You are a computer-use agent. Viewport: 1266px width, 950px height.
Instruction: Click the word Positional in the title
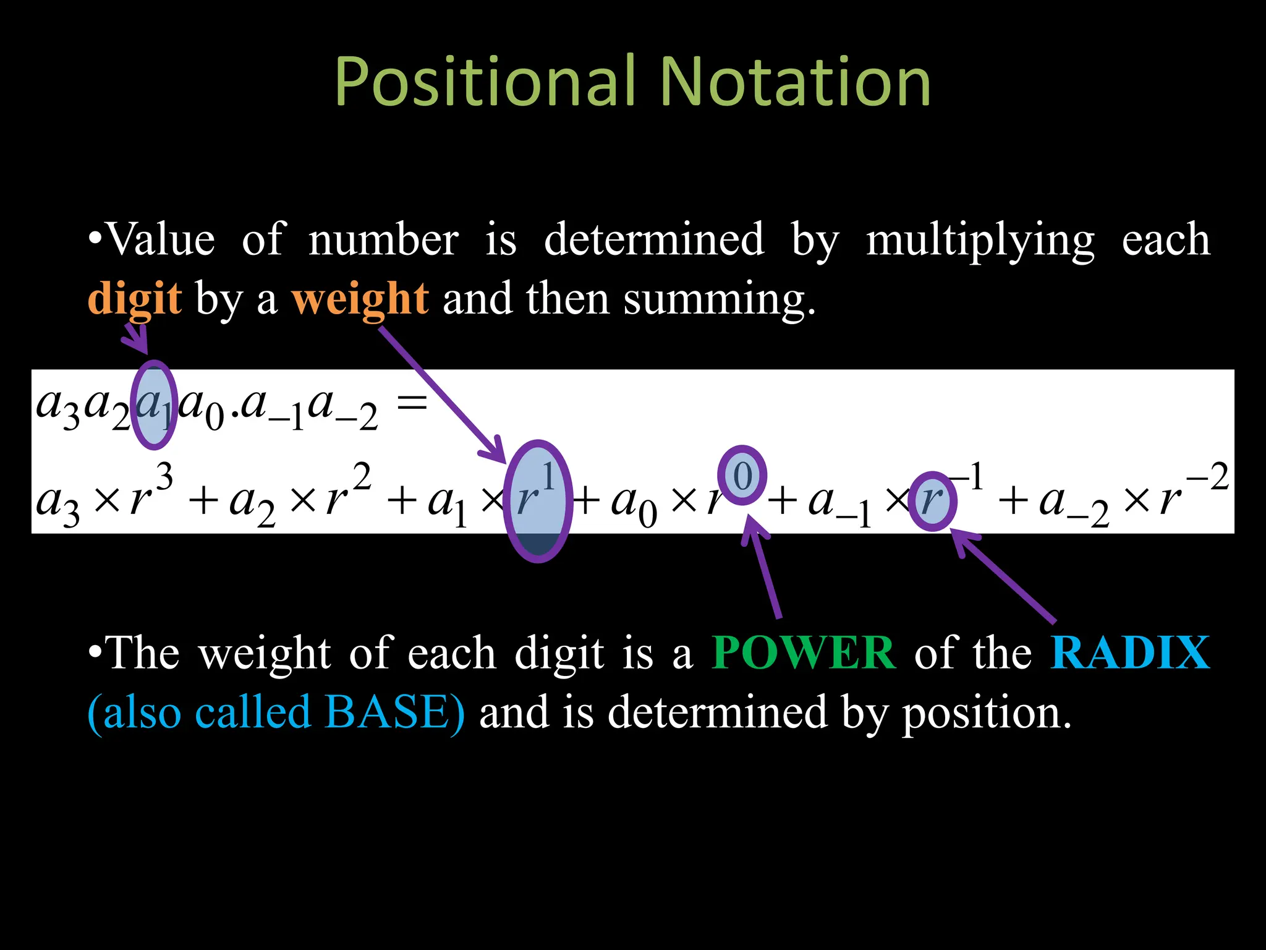pyautogui.click(x=485, y=82)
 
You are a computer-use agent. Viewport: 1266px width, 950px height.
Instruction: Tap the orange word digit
pyautogui.click(x=135, y=298)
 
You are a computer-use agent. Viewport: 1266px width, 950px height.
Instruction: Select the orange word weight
pyautogui.click(x=360, y=298)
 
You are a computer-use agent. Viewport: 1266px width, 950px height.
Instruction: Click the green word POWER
pyautogui.click(x=804, y=653)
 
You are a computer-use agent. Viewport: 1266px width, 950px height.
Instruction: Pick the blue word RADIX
pyautogui.click(x=1130, y=653)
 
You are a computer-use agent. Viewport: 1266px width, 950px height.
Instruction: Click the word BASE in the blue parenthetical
pyautogui.click(x=386, y=712)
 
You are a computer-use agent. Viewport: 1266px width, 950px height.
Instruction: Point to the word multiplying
pyautogui.click(x=980, y=240)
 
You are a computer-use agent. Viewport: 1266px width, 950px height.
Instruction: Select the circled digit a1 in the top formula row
pyautogui.click(x=154, y=405)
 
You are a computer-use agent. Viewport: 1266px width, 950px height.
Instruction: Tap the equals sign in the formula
pyautogui.click(x=412, y=404)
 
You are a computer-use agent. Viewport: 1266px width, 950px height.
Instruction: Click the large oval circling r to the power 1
pyautogui.click(x=537, y=501)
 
